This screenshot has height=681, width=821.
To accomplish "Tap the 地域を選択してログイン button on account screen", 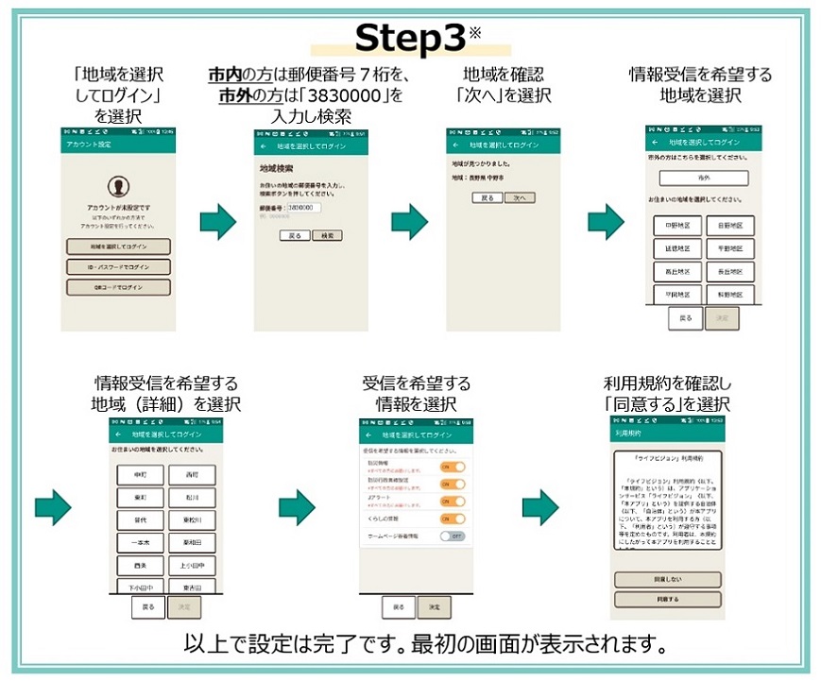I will point(118,247).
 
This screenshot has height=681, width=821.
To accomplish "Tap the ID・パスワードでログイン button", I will point(118,267).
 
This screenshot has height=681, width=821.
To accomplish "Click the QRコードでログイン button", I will point(118,287).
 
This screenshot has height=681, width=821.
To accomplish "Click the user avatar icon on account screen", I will point(118,185).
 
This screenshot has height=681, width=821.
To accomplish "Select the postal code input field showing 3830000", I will point(303,208).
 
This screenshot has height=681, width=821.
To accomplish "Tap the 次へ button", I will point(519,198).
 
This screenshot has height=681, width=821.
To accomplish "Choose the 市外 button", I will point(704,178).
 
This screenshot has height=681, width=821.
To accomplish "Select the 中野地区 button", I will point(677,226).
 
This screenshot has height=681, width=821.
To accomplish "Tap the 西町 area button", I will point(193,474).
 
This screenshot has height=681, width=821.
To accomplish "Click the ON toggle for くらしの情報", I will point(453,519).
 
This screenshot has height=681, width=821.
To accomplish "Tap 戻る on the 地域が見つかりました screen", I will point(487,198).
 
